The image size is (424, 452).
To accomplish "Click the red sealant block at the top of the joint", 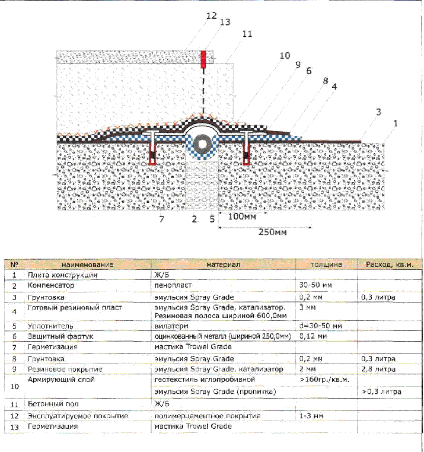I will [203, 58].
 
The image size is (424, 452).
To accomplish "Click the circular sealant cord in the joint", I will [203, 144].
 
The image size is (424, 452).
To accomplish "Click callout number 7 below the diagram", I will [160, 219].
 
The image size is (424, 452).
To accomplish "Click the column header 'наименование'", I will [88, 264].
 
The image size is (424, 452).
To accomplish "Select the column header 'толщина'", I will [326, 264].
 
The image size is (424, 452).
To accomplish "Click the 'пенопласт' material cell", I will [171, 286].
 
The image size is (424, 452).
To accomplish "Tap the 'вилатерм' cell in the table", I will [169, 326].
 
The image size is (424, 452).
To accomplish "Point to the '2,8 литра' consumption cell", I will [378, 369].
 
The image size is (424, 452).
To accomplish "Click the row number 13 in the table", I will [15, 426].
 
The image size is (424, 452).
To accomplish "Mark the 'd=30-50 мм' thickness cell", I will [320, 326].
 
